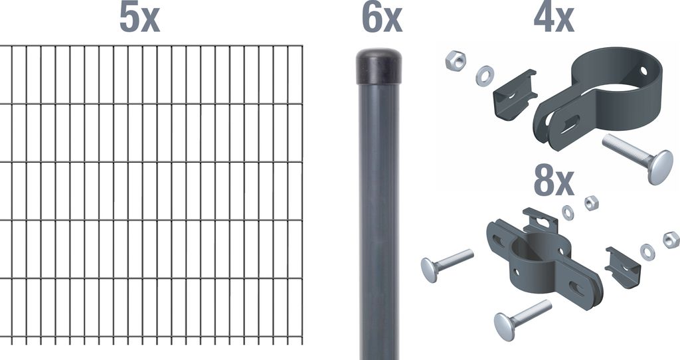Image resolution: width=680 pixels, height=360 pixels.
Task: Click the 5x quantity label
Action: [x=139, y=19]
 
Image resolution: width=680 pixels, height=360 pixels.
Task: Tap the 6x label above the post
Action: [x=382, y=19]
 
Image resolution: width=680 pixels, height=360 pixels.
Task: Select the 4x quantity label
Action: [x=554, y=19]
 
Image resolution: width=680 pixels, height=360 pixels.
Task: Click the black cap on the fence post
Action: [x=379, y=66]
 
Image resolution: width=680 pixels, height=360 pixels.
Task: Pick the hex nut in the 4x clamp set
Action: [x=455, y=60]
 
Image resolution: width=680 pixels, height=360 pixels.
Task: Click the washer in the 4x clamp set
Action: [x=484, y=75]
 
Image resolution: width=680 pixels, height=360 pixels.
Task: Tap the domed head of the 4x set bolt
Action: [x=661, y=167]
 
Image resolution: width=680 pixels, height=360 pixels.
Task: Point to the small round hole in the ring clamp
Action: [x=643, y=70]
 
